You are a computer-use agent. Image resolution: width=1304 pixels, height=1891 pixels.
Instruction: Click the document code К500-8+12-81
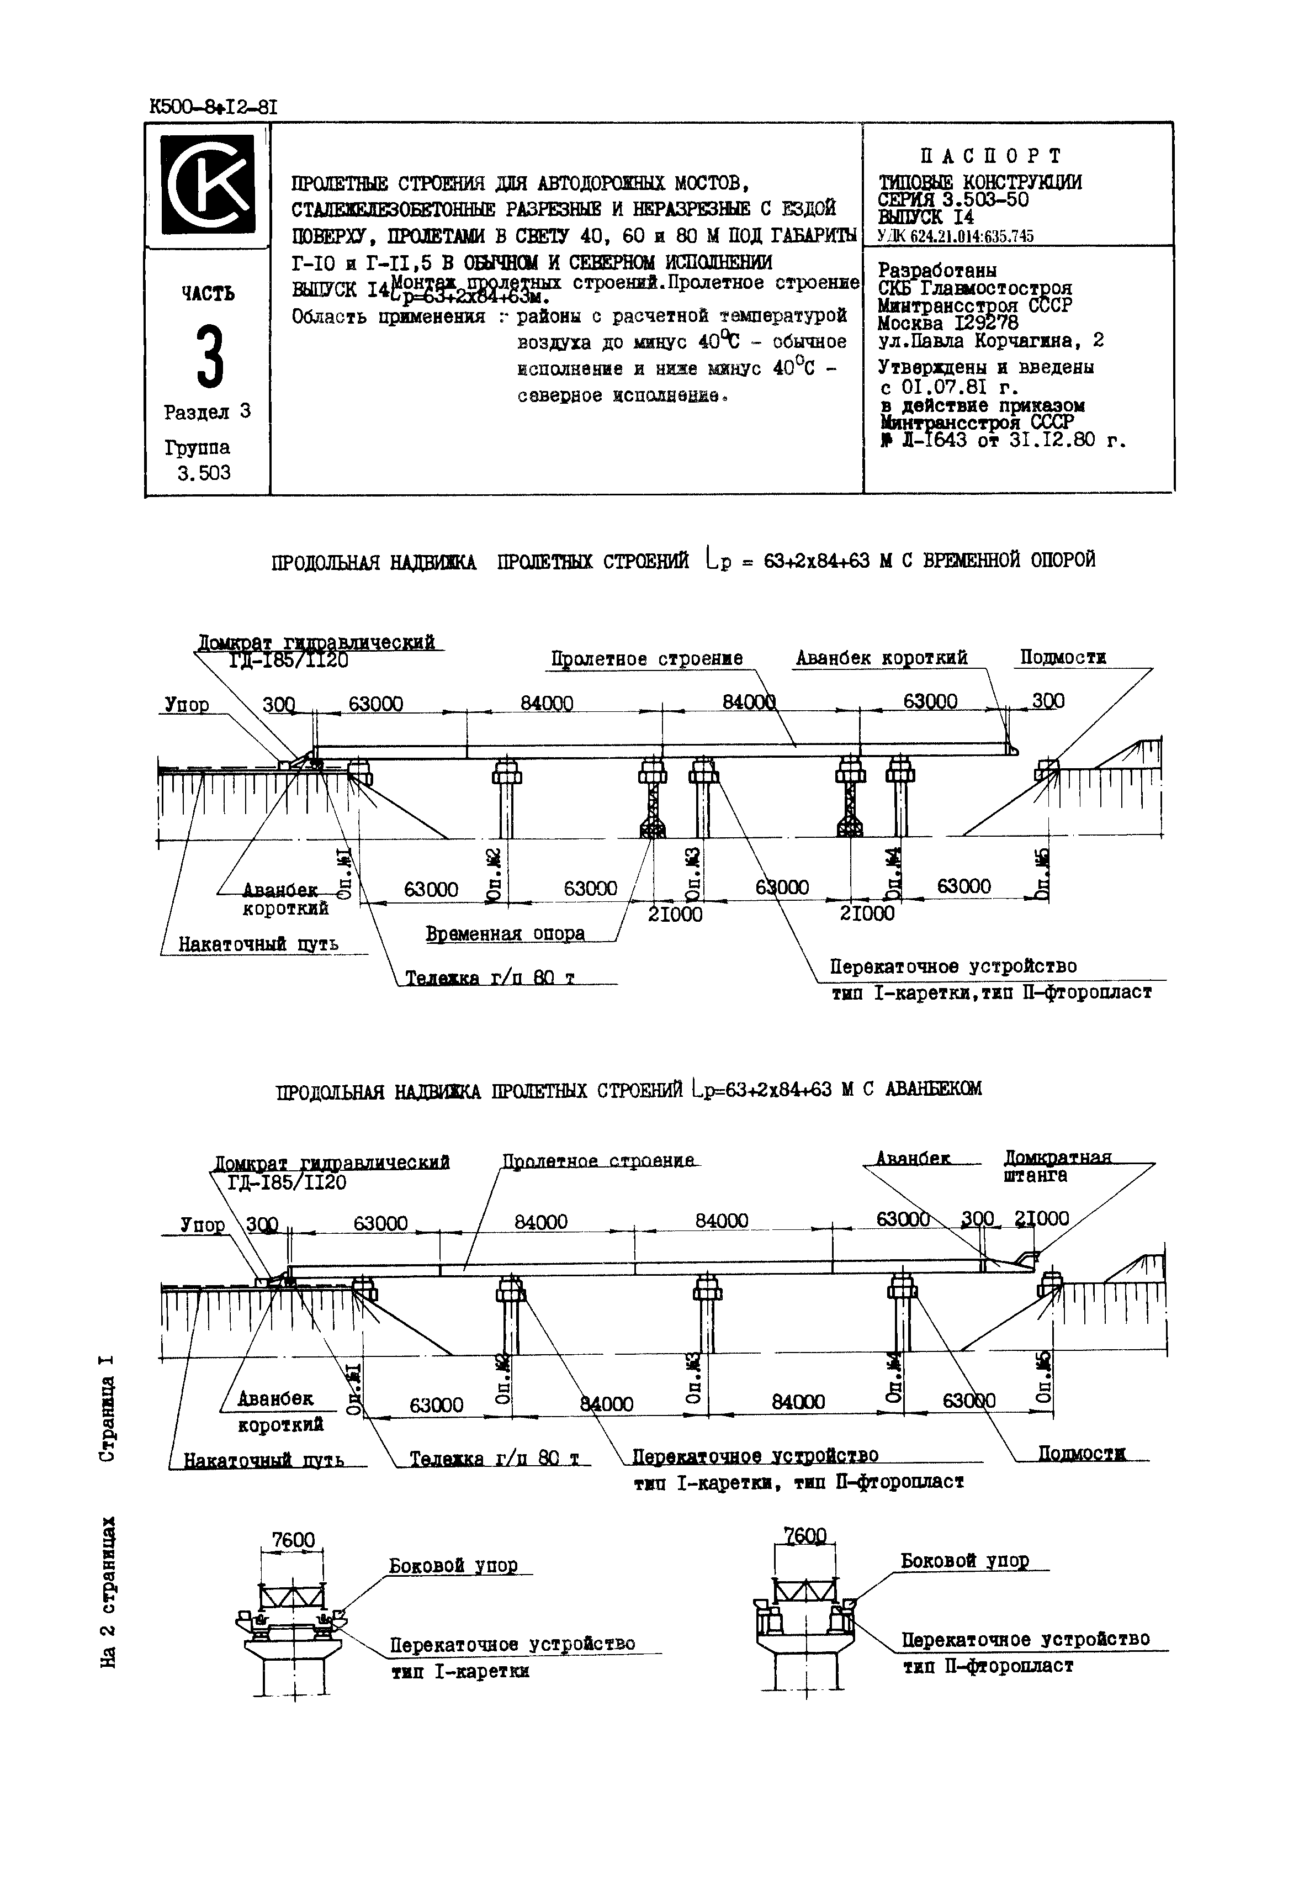click(x=214, y=107)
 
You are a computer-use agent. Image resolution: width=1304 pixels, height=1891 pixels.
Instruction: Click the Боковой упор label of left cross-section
click(x=453, y=1566)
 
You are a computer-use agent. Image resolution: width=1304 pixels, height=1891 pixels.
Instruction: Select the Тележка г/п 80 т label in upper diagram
click(x=489, y=978)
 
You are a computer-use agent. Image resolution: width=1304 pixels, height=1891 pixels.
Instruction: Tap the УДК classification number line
click(x=955, y=236)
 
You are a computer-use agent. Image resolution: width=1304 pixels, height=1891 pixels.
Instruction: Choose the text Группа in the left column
click(x=197, y=448)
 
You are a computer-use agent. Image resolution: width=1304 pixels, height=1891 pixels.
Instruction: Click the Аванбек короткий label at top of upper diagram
click(x=881, y=658)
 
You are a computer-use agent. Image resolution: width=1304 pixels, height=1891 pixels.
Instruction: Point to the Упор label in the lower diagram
click(x=202, y=1224)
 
